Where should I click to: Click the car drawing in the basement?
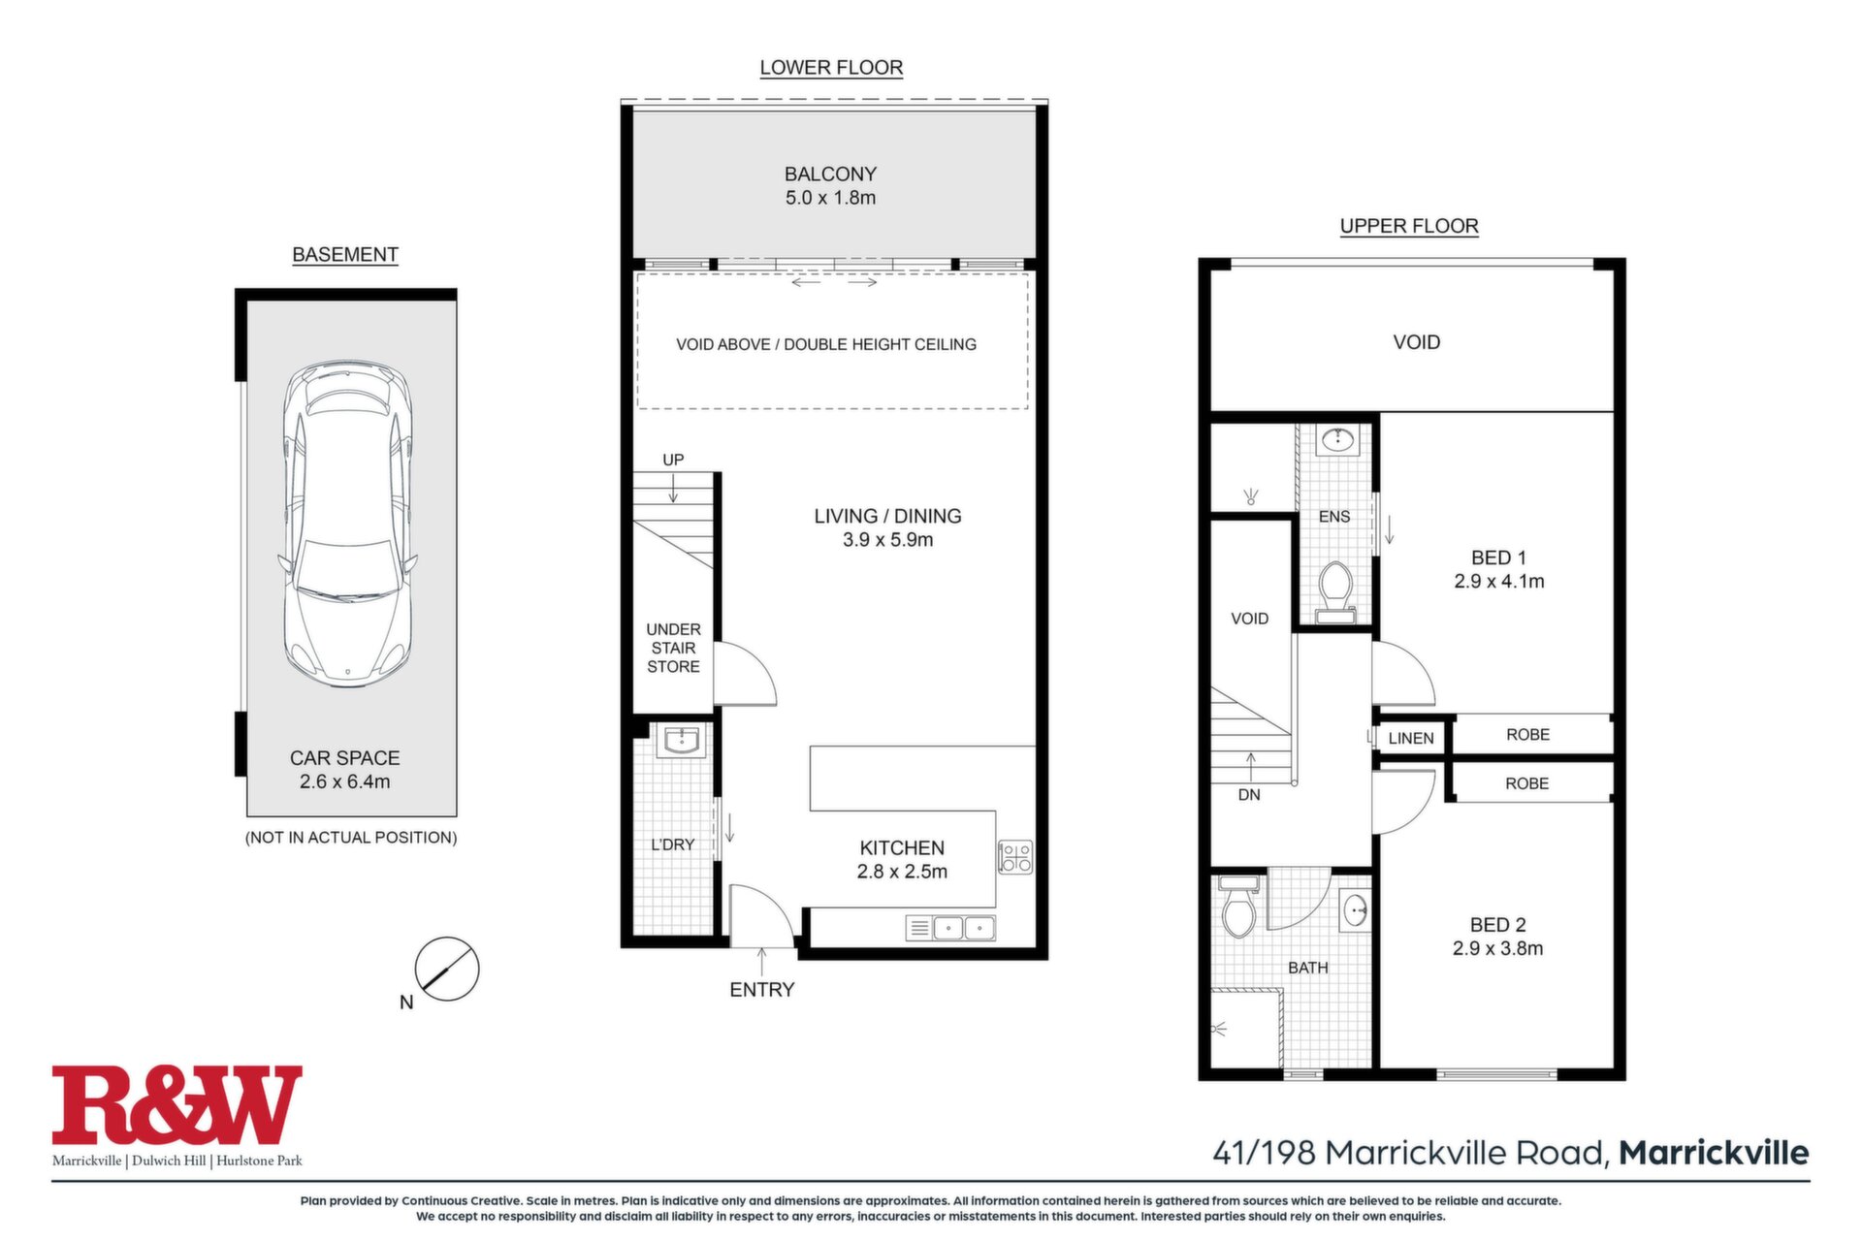point(348,525)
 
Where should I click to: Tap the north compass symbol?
point(447,969)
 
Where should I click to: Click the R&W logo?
point(177,1105)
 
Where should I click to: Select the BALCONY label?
point(830,175)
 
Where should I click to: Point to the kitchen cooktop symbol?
point(1016,856)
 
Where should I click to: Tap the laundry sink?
point(682,742)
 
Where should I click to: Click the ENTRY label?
point(762,990)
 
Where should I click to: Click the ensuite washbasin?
point(1339,440)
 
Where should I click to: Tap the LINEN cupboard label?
point(1411,738)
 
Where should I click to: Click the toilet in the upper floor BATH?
point(1237,907)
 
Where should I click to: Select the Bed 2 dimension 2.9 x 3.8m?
point(1497,948)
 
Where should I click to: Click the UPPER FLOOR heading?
point(1409,226)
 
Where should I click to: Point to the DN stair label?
point(1249,795)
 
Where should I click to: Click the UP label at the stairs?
point(673,460)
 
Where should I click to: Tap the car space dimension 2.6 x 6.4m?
point(345,781)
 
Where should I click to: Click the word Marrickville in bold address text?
point(1714,1153)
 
